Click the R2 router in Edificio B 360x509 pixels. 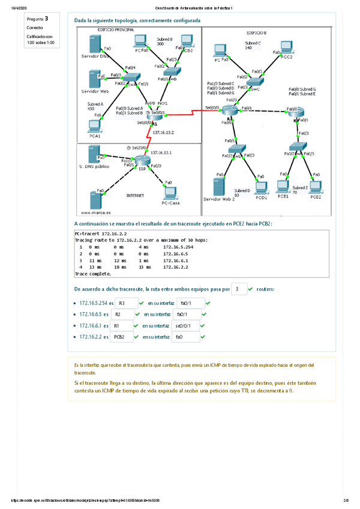tap(229, 109)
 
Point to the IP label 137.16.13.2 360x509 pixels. tap(163, 132)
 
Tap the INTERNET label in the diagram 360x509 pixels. tap(135, 196)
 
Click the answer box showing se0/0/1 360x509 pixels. tap(186, 326)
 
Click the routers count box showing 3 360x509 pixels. tap(238, 289)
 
